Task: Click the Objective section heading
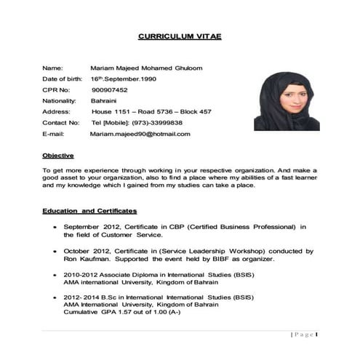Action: [57, 156]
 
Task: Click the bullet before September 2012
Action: [56, 227]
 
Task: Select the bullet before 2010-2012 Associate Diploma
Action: [56, 276]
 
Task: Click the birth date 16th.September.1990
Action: [123, 79]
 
